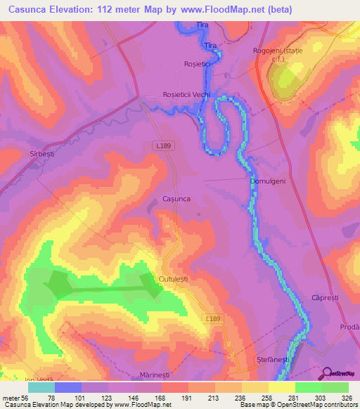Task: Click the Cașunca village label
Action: point(176,199)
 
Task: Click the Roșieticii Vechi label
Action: point(186,95)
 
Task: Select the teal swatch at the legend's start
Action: point(41,387)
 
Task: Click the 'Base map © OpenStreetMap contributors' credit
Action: point(298,405)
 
